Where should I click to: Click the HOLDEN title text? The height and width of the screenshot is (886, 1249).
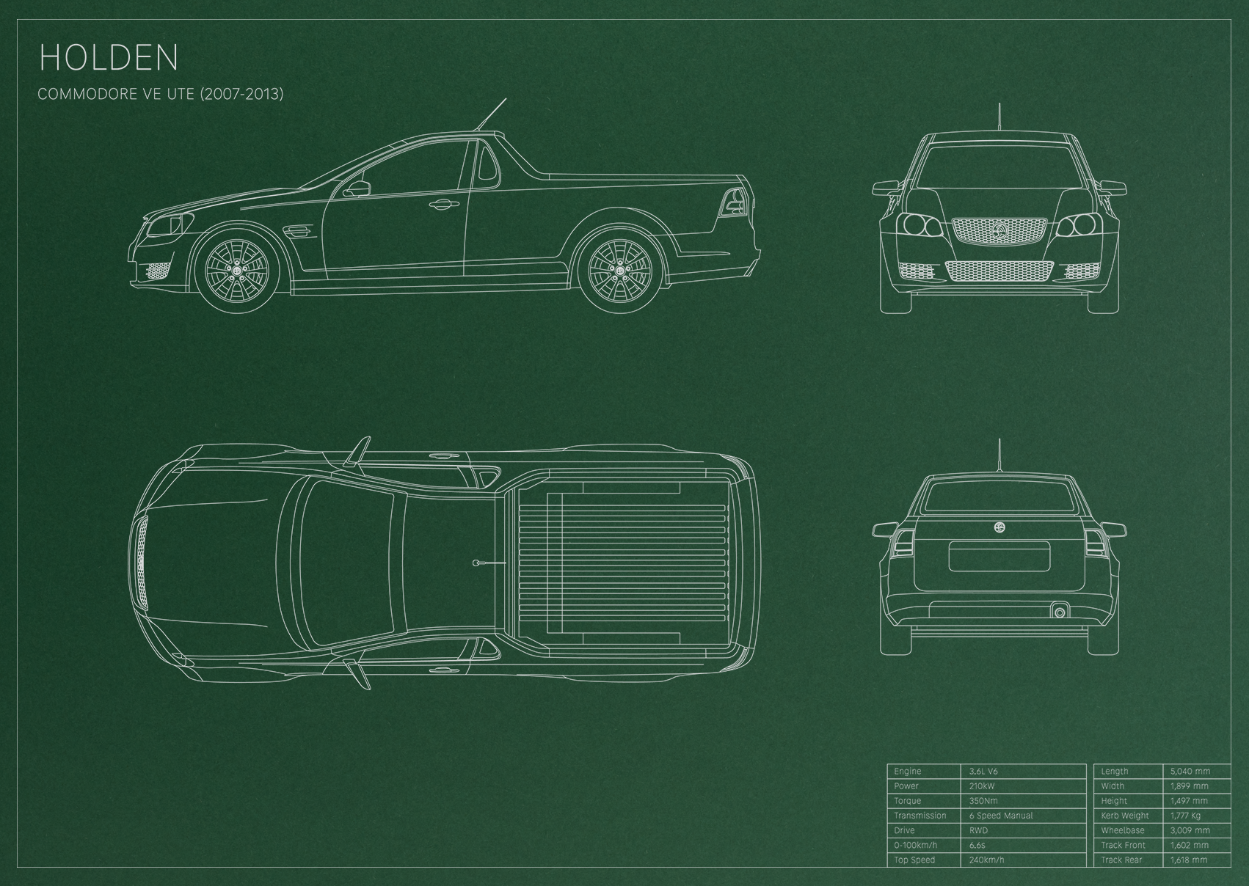(109, 57)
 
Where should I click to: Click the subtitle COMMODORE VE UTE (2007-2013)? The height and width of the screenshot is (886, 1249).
(161, 94)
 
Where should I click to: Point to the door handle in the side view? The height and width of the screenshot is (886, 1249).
(440, 205)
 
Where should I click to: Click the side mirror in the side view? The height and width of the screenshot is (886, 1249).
(357, 188)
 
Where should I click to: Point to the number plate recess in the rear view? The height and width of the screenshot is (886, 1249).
(999, 557)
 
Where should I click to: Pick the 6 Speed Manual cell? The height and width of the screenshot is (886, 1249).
(1001, 816)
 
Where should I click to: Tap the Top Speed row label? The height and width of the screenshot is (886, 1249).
(914, 860)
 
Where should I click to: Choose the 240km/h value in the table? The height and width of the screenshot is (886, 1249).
(986, 860)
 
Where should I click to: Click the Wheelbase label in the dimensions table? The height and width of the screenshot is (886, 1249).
(1123, 830)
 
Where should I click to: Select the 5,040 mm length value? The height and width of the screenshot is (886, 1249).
(1190, 771)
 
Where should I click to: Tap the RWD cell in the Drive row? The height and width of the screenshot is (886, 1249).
(978, 830)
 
